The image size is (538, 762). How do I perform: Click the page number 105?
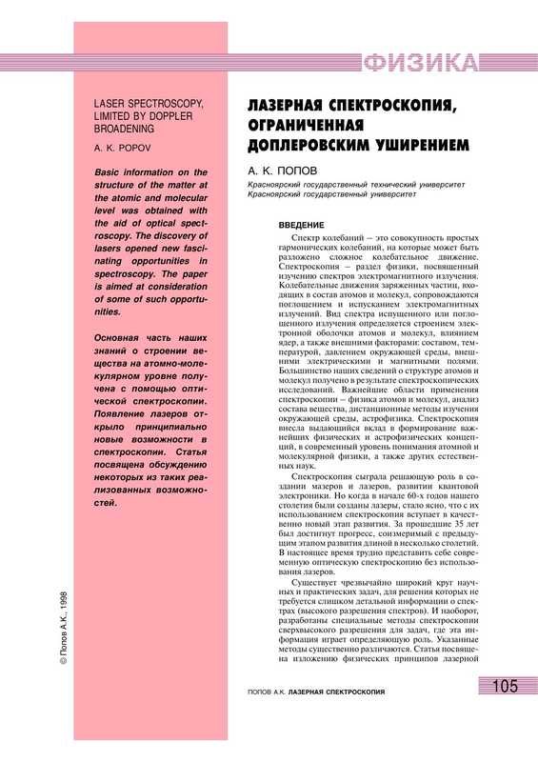point(506,714)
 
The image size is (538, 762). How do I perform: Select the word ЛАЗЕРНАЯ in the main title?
point(295,104)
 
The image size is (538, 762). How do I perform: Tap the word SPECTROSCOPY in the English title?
point(178,102)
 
